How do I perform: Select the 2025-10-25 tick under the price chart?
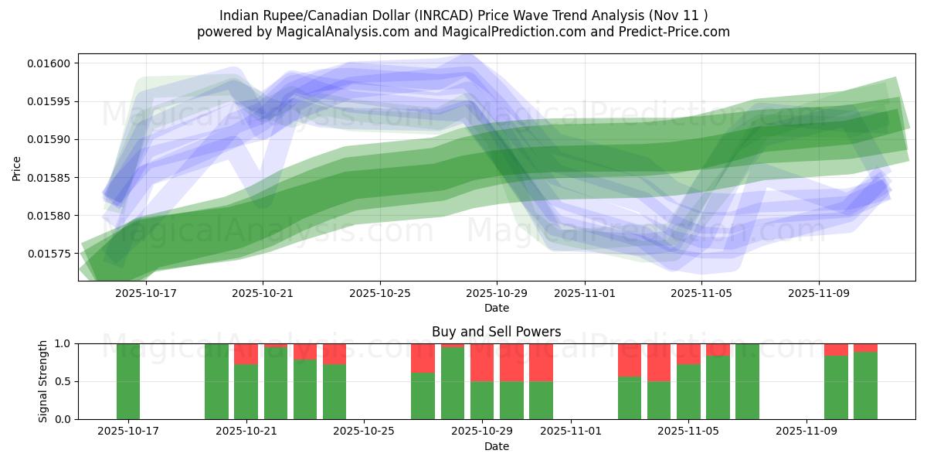(x=379, y=294)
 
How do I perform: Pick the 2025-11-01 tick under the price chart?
(x=585, y=294)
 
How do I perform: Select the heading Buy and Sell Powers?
(x=496, y=332)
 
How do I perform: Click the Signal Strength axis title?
(x=43, y=381)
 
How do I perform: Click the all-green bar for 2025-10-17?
(x=128, y=381)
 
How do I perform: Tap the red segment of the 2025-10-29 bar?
(x=482, y=362)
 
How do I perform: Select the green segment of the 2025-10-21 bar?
(x=246, y=391)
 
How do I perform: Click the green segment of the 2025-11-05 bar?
(x=688, y=391)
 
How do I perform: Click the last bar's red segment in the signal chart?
(x=865, y=347)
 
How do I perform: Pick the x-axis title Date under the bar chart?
(x=496, y=446)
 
